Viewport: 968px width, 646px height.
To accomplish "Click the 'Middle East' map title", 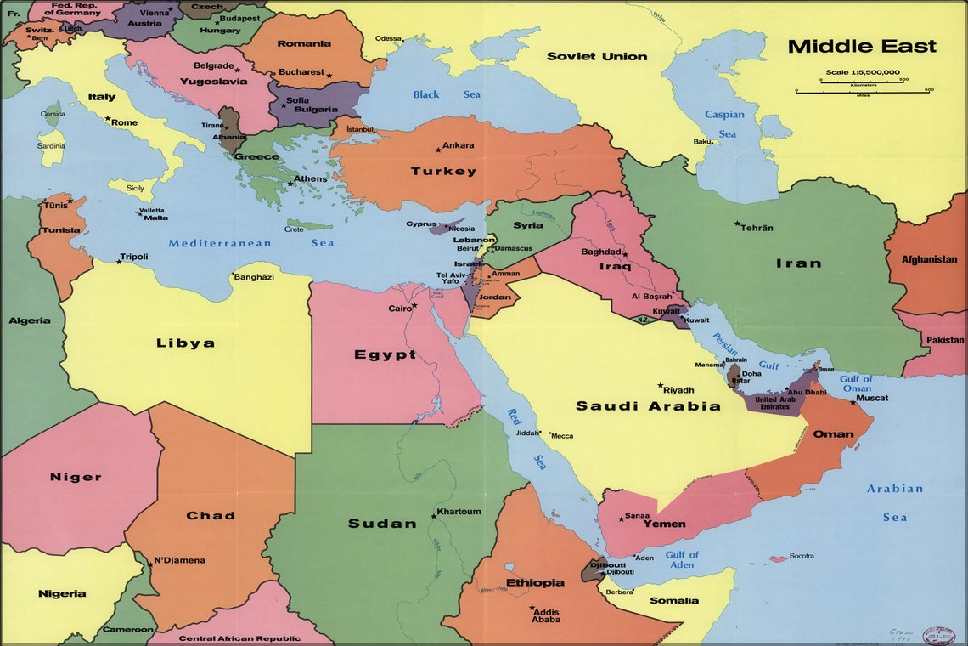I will pos(861,47).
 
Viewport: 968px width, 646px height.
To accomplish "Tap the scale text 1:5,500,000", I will pos(863,72).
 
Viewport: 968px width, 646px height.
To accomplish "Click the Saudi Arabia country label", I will pos(648,406).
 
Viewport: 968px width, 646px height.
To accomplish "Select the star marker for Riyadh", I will pos(661,385).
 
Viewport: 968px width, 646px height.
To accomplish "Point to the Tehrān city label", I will pos(757,228).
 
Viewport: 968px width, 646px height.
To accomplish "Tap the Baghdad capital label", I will pos(601,252).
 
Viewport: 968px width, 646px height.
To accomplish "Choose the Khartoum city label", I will pos(459,512).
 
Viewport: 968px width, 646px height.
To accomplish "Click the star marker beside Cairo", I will pos(414,305).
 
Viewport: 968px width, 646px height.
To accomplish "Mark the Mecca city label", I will pos(562,436).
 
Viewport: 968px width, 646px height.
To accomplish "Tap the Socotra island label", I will pos(802,556).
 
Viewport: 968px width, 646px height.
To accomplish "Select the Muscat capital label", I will pos(872,398).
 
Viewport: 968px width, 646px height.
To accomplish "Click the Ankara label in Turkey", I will pos(459,145).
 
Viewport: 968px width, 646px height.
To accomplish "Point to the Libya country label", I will pos(185,343).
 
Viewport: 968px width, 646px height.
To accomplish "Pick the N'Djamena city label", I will pos(180,561).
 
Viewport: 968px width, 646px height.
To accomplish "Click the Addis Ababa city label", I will pos(546,615).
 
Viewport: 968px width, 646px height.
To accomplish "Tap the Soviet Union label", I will pos(596,57).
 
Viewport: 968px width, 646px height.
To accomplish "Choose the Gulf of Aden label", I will pos(681,559).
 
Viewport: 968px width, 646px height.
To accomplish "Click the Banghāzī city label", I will pos(254,277).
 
